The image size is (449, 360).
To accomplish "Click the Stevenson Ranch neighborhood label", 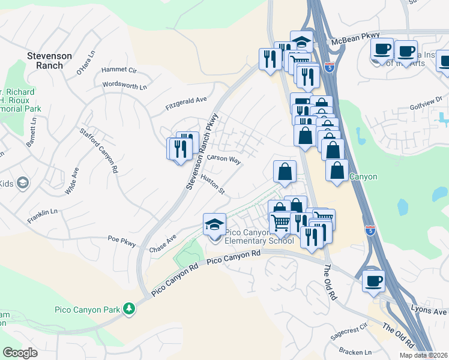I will (49, 61).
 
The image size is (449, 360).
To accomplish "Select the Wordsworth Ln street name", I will (124, 85).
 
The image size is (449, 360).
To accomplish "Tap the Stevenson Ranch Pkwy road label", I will (202, 152).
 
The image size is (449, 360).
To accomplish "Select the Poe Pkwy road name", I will (122, 241).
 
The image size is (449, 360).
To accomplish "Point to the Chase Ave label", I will (163, 243).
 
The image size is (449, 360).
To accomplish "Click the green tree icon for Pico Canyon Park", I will (128, 308).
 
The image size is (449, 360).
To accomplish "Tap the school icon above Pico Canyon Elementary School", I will (215, 225).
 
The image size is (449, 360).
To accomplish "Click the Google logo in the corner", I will (20, 353).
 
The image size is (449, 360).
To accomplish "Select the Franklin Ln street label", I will (42, 216).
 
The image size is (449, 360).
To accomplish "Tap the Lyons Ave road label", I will (429, 311).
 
